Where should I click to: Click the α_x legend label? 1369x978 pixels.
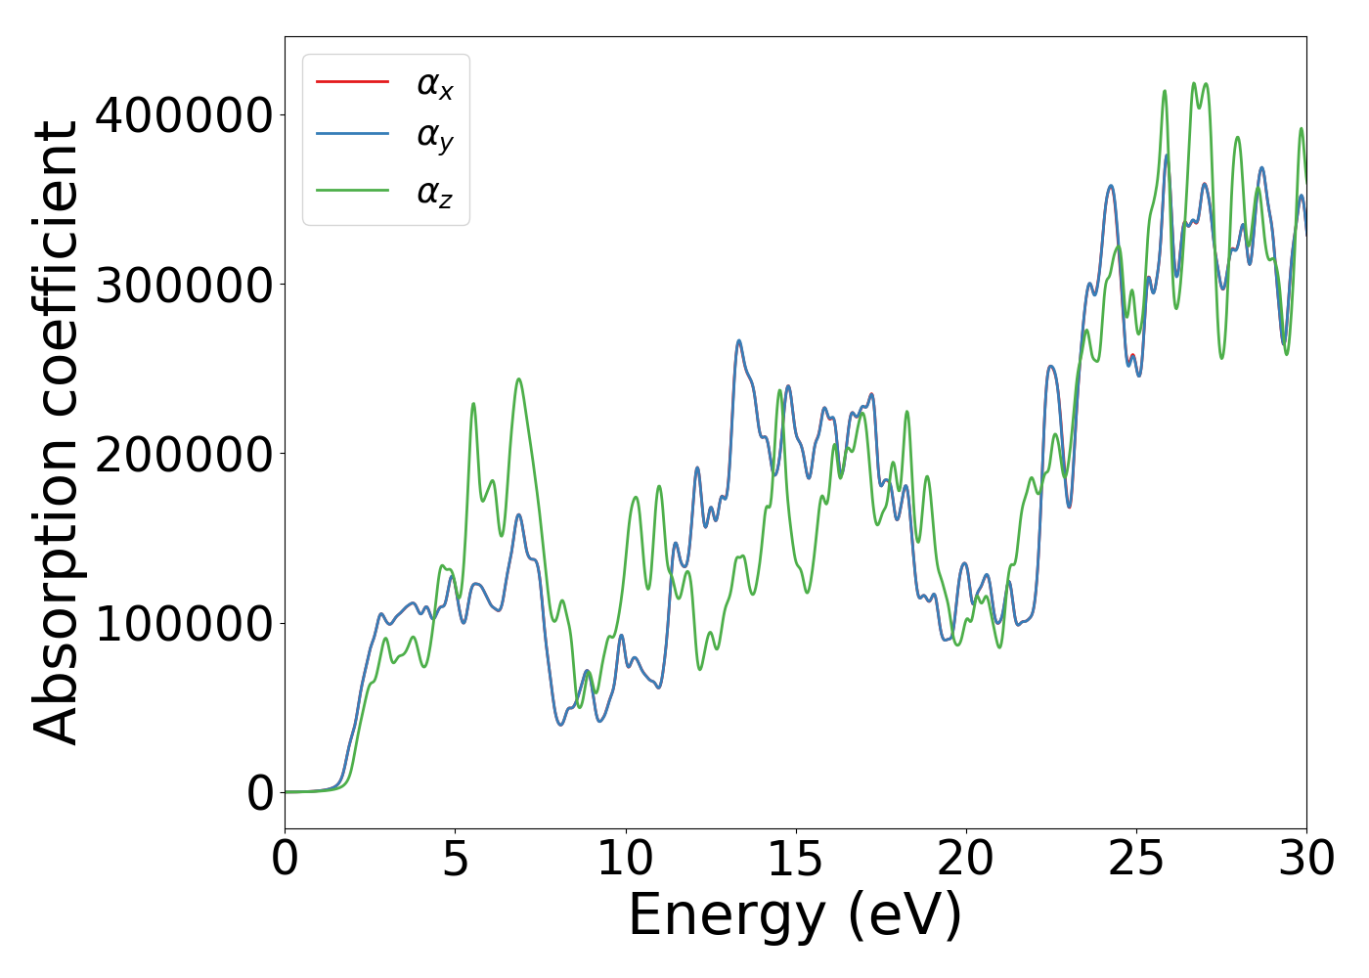435,84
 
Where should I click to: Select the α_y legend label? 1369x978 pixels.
435,138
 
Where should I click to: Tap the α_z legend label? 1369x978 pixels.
435,193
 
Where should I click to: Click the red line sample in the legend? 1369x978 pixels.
352,81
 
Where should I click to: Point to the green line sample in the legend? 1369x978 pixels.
352,190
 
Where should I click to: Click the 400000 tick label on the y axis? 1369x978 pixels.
183,115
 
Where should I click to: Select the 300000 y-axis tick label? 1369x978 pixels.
183,286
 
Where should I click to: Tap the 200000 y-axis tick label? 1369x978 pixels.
183,455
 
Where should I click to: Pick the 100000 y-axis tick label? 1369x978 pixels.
183,624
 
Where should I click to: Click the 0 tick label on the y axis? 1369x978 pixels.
260,793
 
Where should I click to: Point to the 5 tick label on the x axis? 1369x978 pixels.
456,859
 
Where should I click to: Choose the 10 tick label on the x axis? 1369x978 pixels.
625,859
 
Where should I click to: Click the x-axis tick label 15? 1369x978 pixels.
795,859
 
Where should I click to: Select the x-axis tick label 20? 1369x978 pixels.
965,859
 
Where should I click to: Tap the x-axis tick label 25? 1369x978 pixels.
1135,859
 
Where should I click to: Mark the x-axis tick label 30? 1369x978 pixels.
1305,859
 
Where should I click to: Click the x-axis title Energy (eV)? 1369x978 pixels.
795,916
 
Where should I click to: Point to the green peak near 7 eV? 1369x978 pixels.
518,379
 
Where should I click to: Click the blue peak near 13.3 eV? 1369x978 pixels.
738,341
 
